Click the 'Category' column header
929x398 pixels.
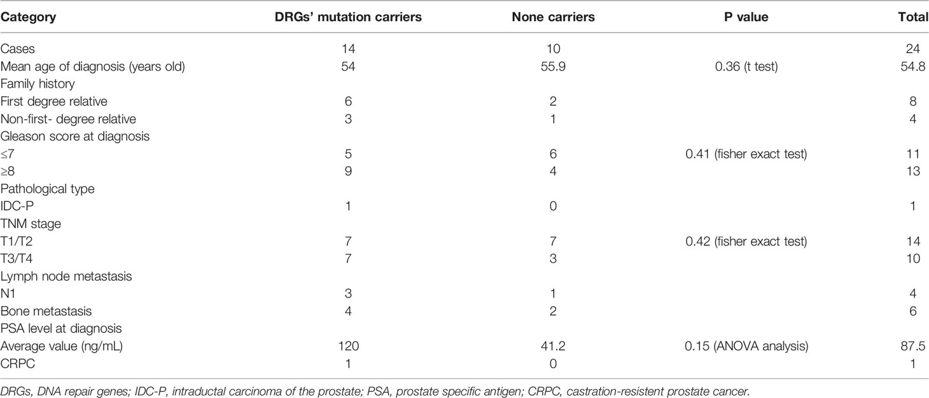(28, 17)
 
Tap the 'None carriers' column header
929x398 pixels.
(554, 17)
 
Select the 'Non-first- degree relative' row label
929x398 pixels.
(68, 119)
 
